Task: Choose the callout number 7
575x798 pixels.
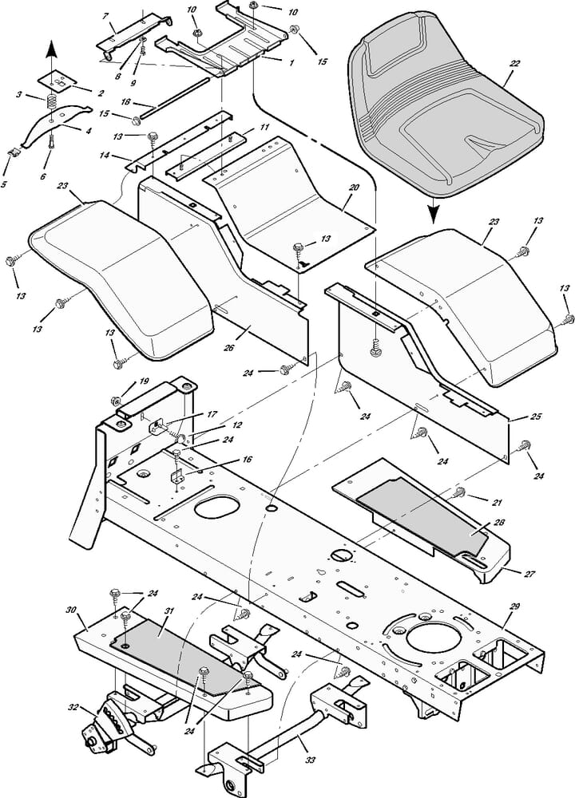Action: point(105,17)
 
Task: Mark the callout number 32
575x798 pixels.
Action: point(73,707)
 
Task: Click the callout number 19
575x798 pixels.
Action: point(144,381)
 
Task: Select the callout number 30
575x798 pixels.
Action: point(71,610)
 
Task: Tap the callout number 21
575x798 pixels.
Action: point(497,502)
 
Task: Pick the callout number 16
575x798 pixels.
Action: point(246,460)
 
